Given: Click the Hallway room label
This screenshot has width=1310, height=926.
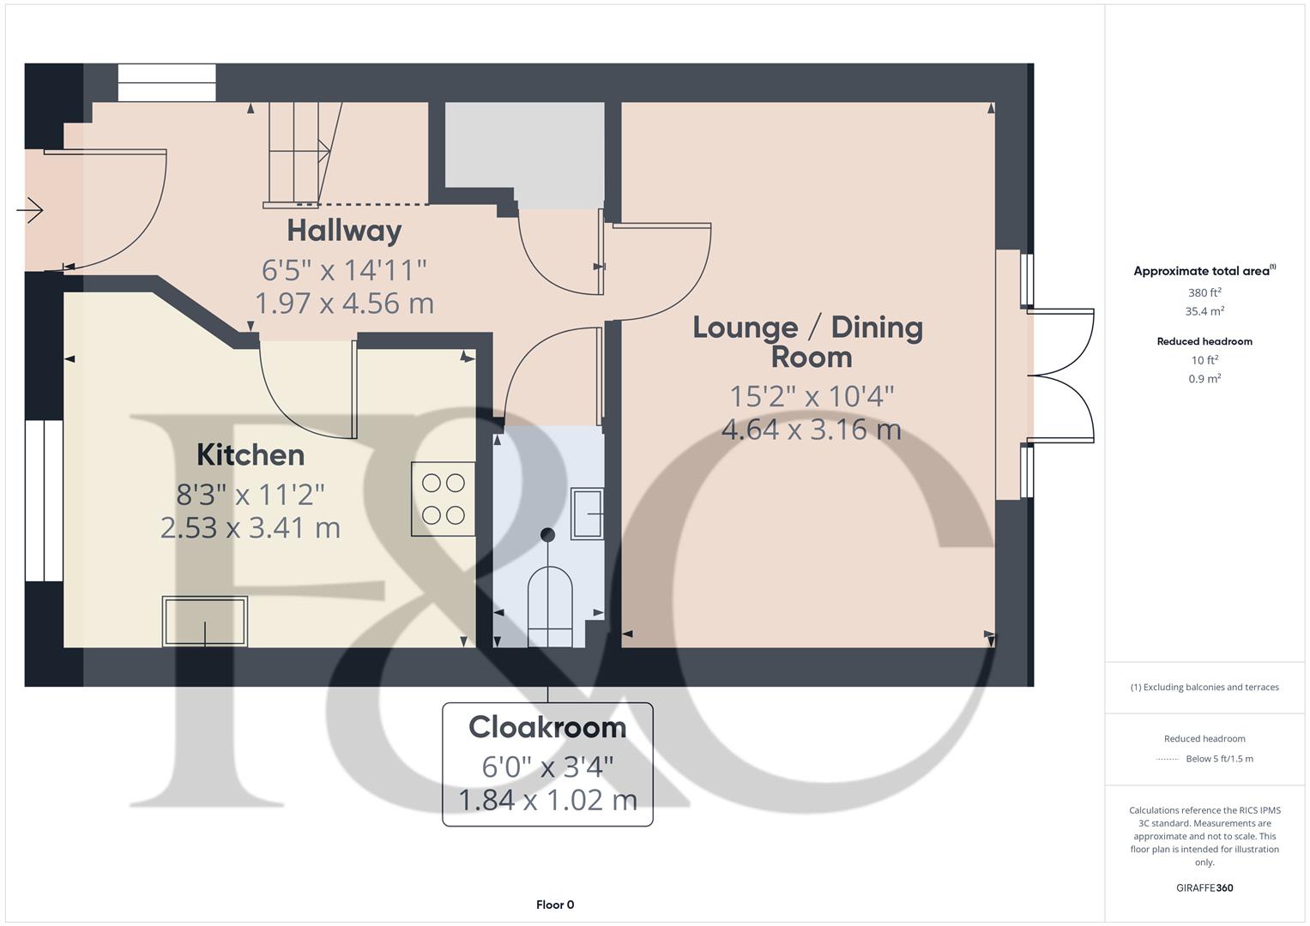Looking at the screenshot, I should pyautogui.click(x=344, y=231).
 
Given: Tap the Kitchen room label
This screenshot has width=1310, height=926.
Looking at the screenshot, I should pyautogui.click(x=251, y=454).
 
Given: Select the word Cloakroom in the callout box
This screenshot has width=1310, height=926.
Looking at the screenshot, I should pyautogui.click(x=547, y=727).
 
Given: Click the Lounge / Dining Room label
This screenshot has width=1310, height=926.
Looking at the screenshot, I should pyautogui.click(x=808, y=341).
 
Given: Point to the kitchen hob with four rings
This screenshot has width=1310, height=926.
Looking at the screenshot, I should pyautogui.click(x=444, y=499).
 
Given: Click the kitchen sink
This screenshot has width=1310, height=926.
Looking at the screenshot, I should pyautogui.click(x=205, y=621).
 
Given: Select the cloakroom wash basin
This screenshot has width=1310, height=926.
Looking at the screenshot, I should pyautogui.click(x=588, y=513).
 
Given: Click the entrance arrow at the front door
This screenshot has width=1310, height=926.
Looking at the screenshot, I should pyautogui.click(x=31, y=209).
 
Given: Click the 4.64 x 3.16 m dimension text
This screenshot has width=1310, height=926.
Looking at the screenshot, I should pyautogui.click(x=812, y=429).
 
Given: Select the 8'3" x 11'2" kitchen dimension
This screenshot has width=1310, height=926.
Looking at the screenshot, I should pyautogui.click(x=251, y=495).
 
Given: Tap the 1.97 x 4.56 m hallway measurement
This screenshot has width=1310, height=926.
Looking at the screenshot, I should pyautogui.click(x=344, y=303).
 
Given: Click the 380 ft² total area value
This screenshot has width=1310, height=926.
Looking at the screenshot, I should pyautogui.click(x=1204, y=292).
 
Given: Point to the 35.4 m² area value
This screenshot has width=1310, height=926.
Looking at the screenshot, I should pyautogui.click(x=1204, y=311).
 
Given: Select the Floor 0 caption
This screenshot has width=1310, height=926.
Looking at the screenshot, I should pyautogui.click(x=555, y=905).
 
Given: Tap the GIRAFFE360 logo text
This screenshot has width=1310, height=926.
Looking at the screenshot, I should pyautogui.click(x=1204, y=887).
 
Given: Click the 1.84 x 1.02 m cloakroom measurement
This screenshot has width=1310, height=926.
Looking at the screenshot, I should pyautogui.click(x=547, y=800).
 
